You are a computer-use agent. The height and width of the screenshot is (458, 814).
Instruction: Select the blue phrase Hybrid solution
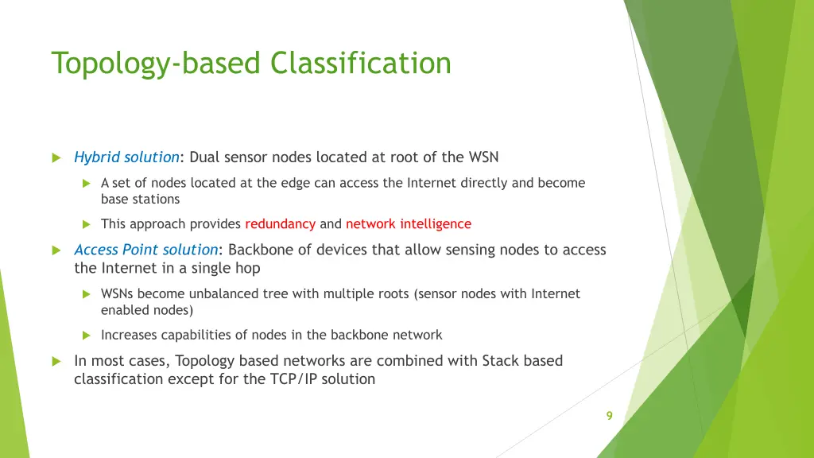[126, 157]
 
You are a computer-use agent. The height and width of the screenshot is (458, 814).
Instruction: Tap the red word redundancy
[280, 224]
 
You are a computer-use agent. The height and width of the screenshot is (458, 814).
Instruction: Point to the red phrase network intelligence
[408, 224]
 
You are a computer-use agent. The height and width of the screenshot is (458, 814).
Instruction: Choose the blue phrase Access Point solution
[145, 250]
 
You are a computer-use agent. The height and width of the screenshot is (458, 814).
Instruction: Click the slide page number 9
[609, 415]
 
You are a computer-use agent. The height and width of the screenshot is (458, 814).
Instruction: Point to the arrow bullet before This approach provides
[87, 224]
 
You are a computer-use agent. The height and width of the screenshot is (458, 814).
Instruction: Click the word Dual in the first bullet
[205, 157]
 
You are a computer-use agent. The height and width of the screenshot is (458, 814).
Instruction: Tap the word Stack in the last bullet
[501, 361]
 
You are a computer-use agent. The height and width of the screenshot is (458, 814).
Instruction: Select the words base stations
[140, 200]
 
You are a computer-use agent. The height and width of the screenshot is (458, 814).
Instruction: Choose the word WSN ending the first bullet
[483, 157]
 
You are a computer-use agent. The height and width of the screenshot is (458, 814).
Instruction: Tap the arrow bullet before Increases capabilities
[87, 335]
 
